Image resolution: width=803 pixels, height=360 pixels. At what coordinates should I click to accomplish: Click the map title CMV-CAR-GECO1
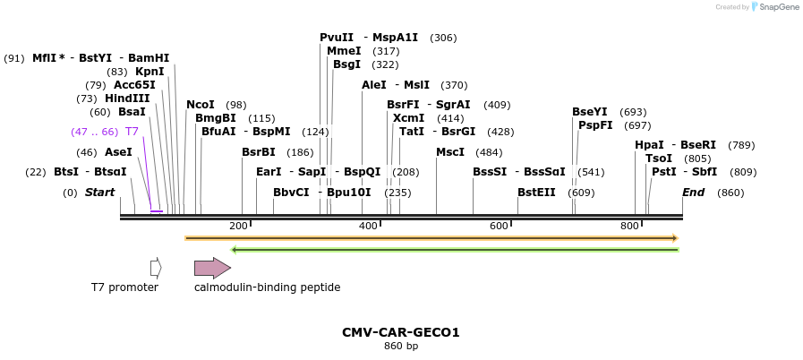[x=400, y=332]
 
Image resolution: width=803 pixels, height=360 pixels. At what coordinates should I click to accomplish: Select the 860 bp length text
[x=400, y=346]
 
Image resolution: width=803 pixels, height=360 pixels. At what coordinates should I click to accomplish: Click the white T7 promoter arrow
[x=156, y=268]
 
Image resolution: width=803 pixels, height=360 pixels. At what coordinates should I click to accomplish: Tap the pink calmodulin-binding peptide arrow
[x=212, y=268]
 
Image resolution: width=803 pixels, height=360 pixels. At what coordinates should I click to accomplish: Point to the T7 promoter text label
[x=124, y=287]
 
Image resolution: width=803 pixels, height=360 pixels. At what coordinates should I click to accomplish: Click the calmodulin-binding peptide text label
[x=267, y=287]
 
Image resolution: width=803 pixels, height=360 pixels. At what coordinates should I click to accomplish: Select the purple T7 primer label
[x=132, y=132]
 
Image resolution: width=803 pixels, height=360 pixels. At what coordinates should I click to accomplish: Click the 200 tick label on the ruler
[x=238, y=227]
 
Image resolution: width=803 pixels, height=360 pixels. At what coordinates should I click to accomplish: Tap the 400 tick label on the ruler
[x=368, y=227]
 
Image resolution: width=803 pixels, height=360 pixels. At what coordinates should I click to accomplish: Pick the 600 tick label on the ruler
[x=499, y=227]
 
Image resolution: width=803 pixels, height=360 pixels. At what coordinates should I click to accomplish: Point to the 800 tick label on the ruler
[x=629, y=227]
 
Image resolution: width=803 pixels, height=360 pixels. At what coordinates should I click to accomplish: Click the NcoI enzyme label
[x=200, y=105]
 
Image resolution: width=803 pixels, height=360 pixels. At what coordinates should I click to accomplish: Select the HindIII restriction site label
[x=127, y=99]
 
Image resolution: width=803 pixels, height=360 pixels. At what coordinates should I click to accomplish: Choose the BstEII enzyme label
[x=536, y=193]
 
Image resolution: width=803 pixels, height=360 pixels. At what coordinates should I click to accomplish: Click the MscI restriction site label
[x=450, y=152]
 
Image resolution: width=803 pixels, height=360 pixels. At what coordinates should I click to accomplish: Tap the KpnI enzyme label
[x=149, y=72]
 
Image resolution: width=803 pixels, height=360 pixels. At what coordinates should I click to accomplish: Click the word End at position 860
[x=693, y=193]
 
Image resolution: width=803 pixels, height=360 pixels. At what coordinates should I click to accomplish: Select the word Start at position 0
[x=99, y=193]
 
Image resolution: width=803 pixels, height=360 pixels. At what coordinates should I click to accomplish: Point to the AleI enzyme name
[x=373, y=85]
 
